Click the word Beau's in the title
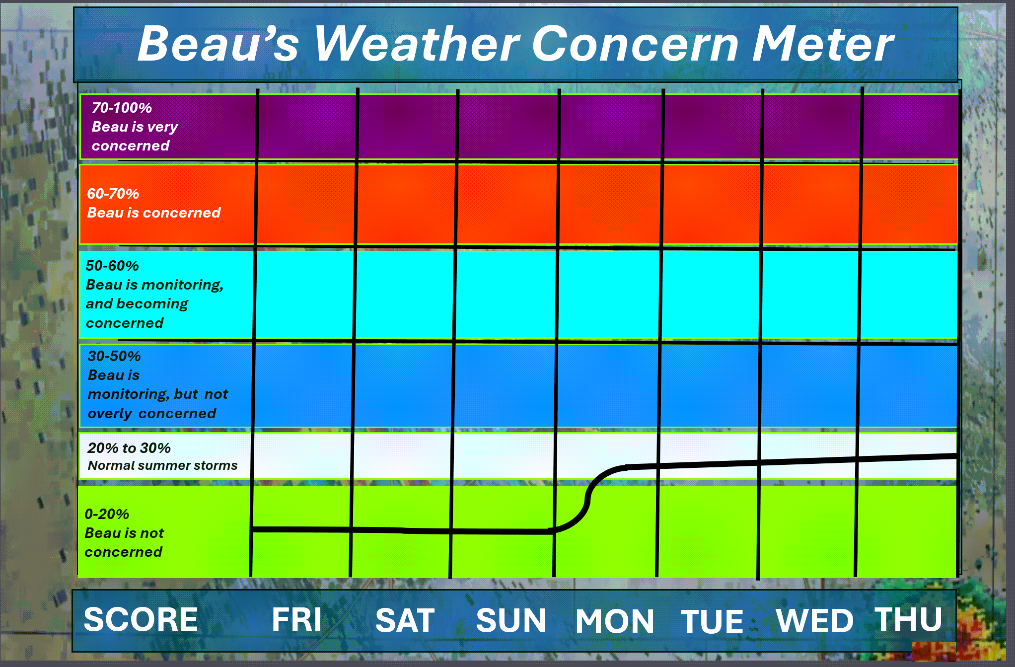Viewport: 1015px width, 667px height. [x=218, y=44]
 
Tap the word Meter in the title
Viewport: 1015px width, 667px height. [x=823, y=44]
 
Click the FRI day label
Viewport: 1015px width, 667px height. [x=297, y=619]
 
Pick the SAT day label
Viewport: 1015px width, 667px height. [x=405, y=620]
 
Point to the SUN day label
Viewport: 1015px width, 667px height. [x=511, y=621]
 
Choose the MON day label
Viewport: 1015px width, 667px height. [x=615, y=621]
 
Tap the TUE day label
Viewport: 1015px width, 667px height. [x=712, y=622]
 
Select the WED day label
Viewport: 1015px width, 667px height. [x=815, y=621]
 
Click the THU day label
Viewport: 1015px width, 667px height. [x=908, y=619]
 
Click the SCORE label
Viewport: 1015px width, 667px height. [x=141, y=619]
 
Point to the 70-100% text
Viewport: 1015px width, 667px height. [x=122, y=108]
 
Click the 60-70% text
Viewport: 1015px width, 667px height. [x=113, y=194]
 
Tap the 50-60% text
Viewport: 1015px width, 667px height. [x=112, y=266]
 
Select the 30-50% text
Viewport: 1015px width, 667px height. [x=114, y=356]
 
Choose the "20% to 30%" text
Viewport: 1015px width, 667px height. [x=129, y=448]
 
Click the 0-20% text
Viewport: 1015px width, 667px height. [x=107, y=514]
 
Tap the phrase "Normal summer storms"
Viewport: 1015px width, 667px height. [x=163, y=465]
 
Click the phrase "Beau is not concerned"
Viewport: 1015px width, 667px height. [x=124, y=542]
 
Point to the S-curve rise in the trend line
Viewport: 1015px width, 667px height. [x=589, y=498]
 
